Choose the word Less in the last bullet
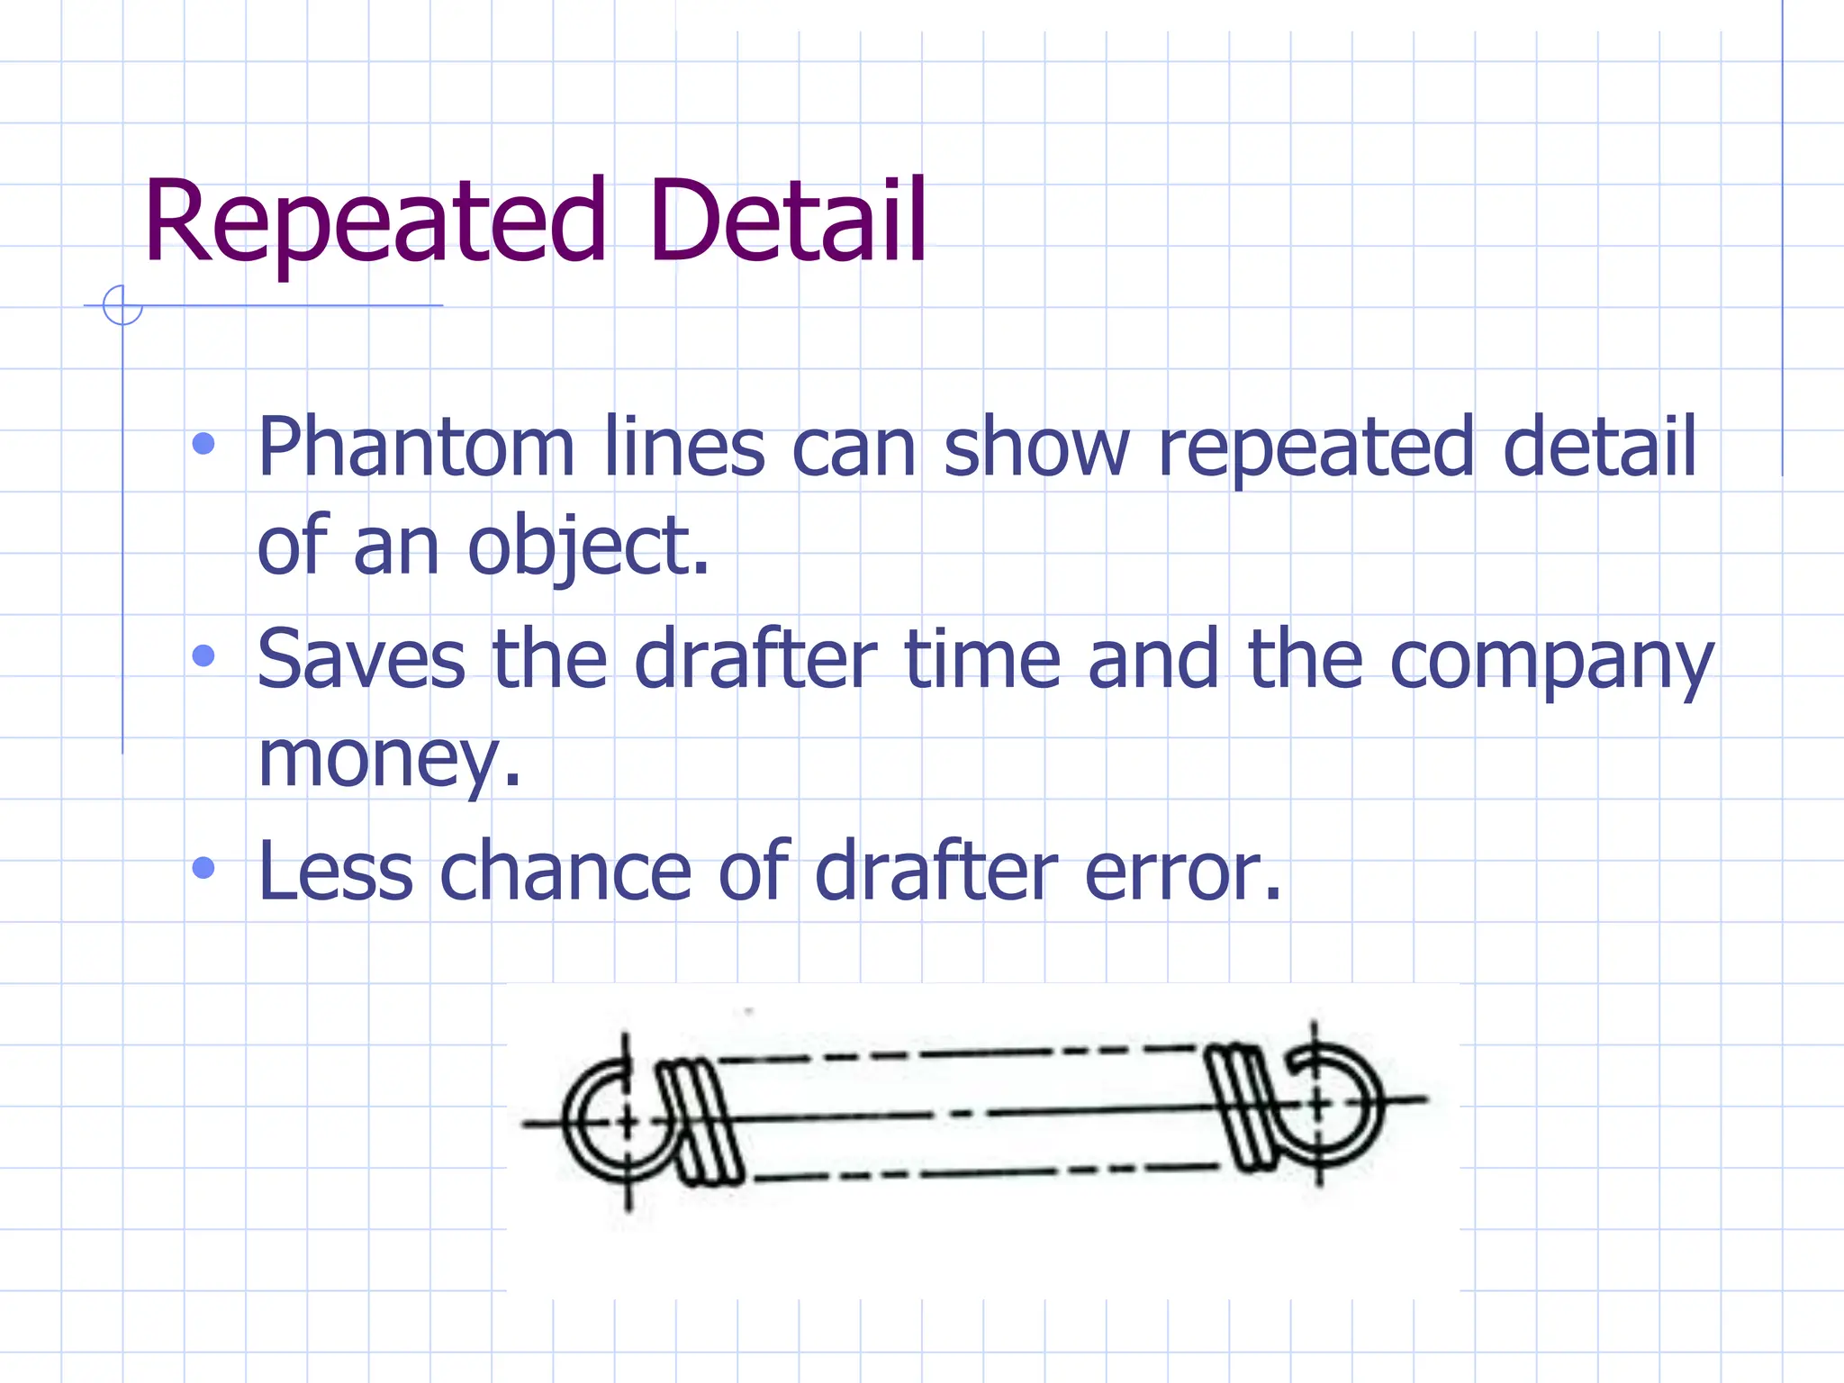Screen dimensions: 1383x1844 coord(336,871)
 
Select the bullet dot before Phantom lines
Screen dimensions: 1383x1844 coord(204,444)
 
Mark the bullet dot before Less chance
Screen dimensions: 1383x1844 coord(204,868)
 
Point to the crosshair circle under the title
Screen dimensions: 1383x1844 coord(122,305)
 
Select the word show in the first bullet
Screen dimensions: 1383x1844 coord(1035,447)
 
